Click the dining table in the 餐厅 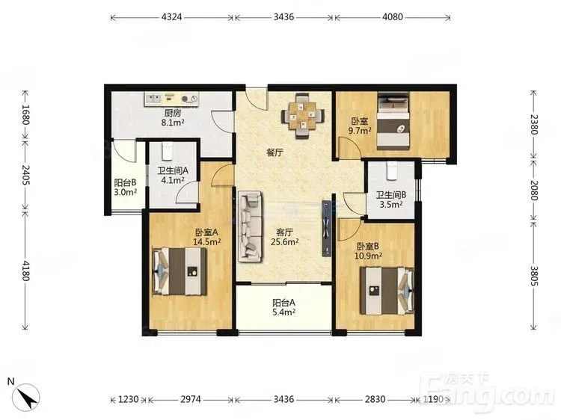(x=303, y=115)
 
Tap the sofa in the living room (x=250, y=225)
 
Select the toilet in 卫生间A (x=167, y=152)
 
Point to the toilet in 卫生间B (x=392, y=171)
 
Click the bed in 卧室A (x=180, y=271)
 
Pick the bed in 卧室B (x=387, y=291)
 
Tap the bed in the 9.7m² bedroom (x=393, y=121)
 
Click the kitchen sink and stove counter (x=171, y=99)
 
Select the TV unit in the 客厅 (x=327, y=228)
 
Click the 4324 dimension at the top (x=172, y=16)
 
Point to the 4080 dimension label (x=393, y=16)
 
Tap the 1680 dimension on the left (x=25, y=114)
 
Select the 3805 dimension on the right (x=533, y=276)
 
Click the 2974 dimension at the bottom (x=191, y=399)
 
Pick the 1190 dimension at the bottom (x=433, y=399)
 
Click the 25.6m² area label (x=285, y=242)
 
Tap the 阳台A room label (x=283, y=303)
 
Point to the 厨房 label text (x=173, y=114)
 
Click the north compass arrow (x=26, y=396)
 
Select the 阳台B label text (x=125, y=182)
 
